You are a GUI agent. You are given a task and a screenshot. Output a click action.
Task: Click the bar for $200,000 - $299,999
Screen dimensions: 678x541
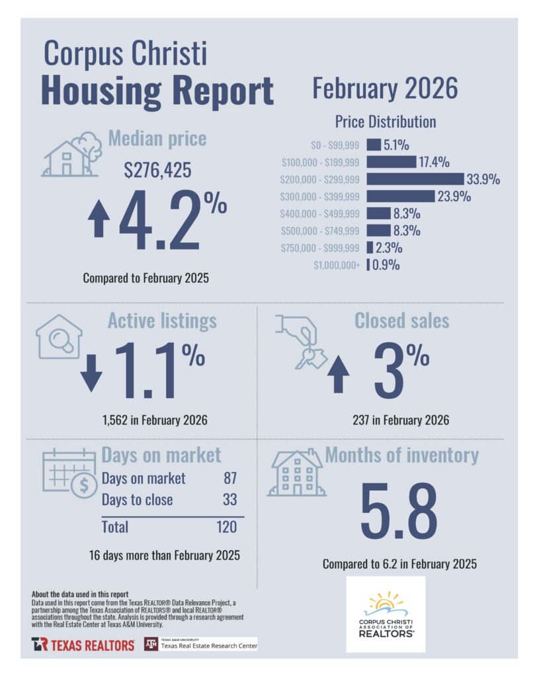[x=415, y=179]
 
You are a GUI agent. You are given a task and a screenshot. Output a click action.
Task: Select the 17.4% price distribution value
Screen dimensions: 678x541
[x=434, y=162]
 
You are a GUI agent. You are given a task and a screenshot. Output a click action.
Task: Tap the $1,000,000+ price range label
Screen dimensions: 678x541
[x=337, y=266]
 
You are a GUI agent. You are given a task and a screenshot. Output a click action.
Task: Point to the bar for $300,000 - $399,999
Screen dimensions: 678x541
[x=399, y=196]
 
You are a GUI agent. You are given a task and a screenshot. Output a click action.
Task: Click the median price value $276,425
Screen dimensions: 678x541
[x=158, y=170]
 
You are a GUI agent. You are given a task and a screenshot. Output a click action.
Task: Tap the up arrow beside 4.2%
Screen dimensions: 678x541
[x=99, y=221]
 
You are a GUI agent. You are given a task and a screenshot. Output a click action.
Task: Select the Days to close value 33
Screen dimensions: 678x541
[x=229, y=500]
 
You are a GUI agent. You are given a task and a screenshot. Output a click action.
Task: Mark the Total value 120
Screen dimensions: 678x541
[x=225, y=527]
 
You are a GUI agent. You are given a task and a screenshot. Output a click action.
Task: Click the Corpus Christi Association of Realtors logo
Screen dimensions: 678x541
[x=386, y=614]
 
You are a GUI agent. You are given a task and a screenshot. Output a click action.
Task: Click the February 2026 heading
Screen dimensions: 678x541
[x=385, y=89]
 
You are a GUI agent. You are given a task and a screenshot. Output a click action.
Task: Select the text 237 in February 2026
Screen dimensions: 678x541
[x=401, y=420]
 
